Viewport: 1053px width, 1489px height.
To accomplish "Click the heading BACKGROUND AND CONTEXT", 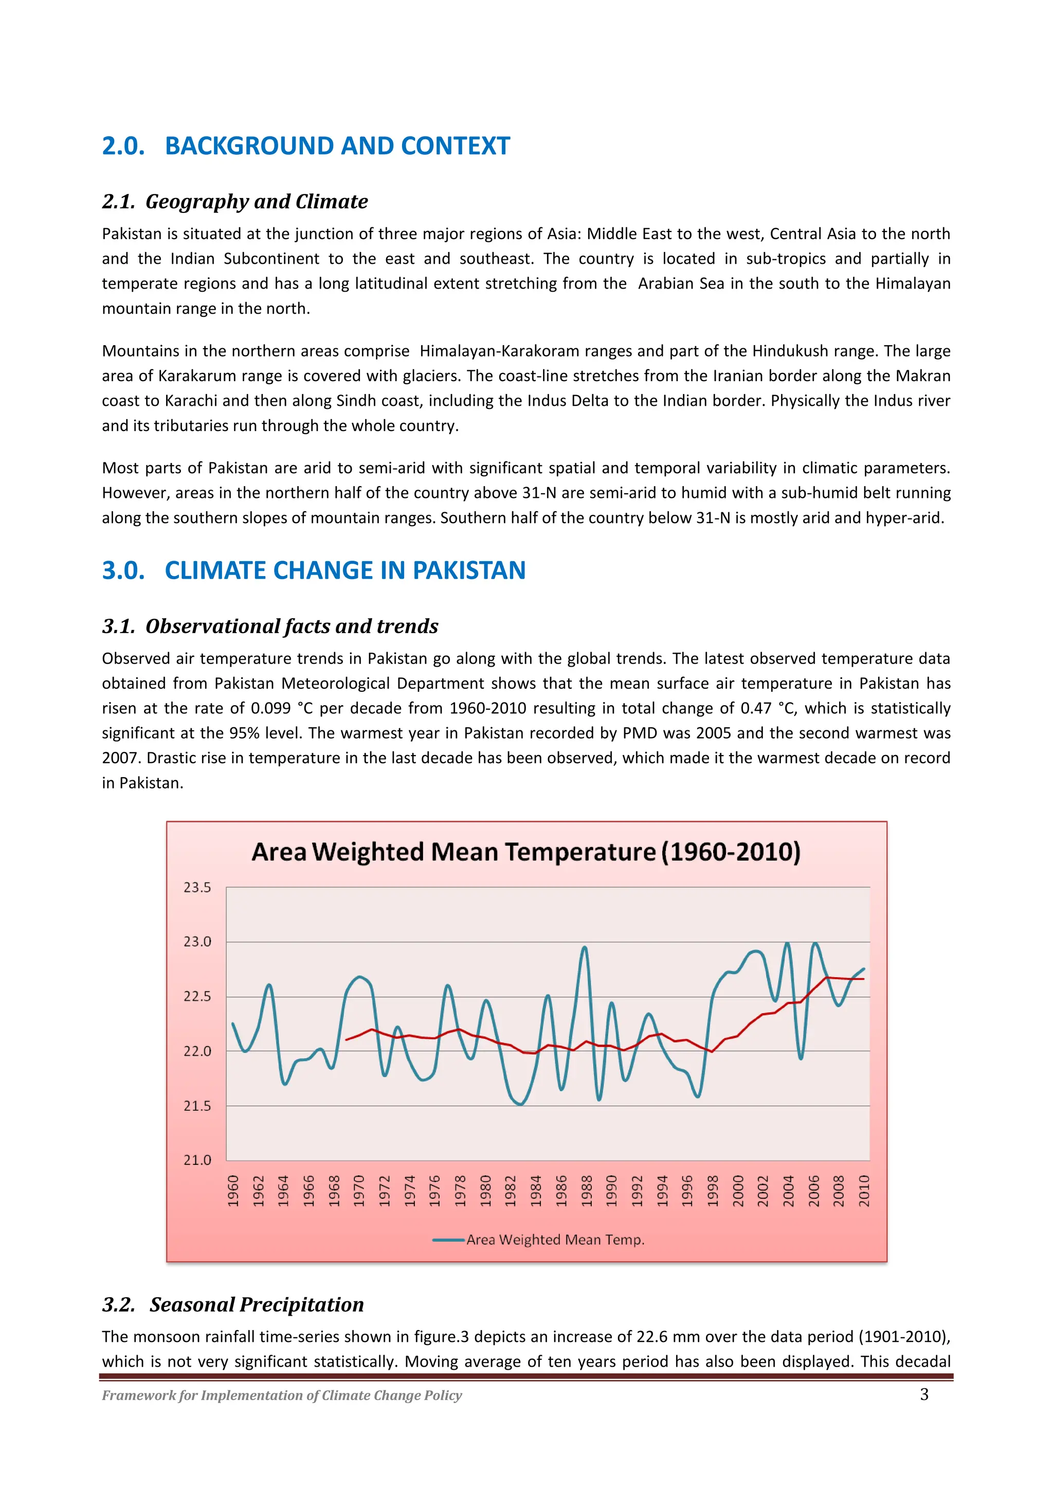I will (x=337, y=146).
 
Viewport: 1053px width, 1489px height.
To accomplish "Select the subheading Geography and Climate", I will (x=256, y=202).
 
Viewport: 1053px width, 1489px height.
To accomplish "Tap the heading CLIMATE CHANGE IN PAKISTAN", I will (x=344, y=571).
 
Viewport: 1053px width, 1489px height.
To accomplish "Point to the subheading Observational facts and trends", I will (x=291, y=626).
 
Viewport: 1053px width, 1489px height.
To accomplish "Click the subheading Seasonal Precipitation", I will (x=256, y=1305).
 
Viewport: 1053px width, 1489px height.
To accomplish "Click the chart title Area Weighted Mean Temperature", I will (x=526, y=852).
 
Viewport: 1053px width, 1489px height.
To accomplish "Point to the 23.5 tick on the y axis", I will (x=197, y=887).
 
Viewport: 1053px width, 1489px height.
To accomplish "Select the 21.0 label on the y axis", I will (x=197, y=1160).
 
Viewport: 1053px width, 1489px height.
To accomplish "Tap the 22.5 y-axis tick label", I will (x=197, y=996).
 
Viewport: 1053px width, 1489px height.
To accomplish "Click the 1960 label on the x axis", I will (x=233, y=1191).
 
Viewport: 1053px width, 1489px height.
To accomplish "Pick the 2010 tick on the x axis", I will (x=864, y=1191).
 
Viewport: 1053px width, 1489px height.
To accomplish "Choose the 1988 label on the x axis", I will (x=587, y=1191).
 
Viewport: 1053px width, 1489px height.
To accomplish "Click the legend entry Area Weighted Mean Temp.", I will (x=554, y=1240).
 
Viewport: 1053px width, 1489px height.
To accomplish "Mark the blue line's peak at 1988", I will (x=585, y=947).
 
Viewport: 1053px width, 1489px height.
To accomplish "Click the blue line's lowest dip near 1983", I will (x=521, y=1104).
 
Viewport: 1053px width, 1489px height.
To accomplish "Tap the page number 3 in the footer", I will (x=924, y=1394).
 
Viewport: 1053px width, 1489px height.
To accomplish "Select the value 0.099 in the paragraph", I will (x=270, y=708).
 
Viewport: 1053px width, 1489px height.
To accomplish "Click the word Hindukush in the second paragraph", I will (x=784, y=351).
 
